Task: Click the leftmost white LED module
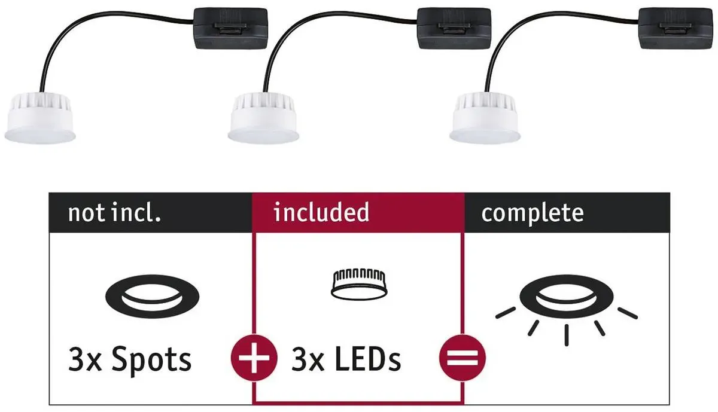[x=40, y=118]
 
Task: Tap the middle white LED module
[x=263, y=118]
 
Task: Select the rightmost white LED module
[x=485, y=118]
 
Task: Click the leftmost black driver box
[x=230, y=29]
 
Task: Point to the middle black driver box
[x=454, y=29]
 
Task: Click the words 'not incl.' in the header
[x=114, y=213]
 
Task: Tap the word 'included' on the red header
[x=321, y=212]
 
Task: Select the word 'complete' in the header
[x=533, y=213]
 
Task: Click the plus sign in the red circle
[x=254, y=358]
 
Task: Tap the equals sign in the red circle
[x=462, y=358]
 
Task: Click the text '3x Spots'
[x=130, y=361]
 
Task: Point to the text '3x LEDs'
[x=346, y=359]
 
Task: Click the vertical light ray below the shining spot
[x=567, y=335]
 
